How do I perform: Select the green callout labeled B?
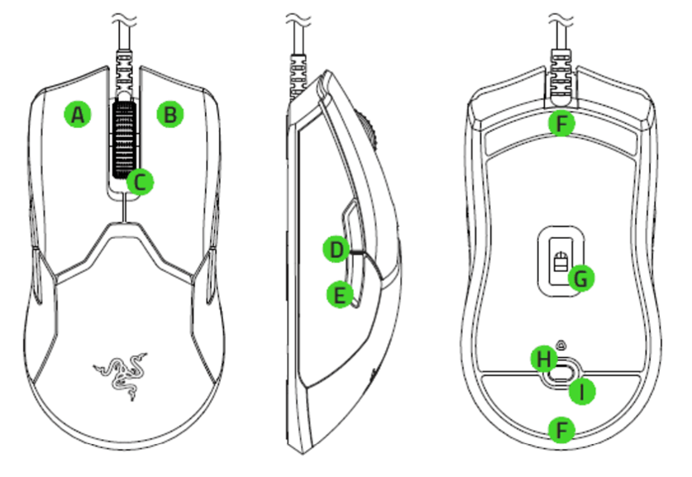(x=169, y=115)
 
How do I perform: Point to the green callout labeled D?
(x=336, y=249)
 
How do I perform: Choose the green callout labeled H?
(x=542, y=359)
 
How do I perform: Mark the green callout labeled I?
(x=584, y=391)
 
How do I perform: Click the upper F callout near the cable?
(x=561, y=125)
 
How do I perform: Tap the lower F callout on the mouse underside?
(x=561, y=430)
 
